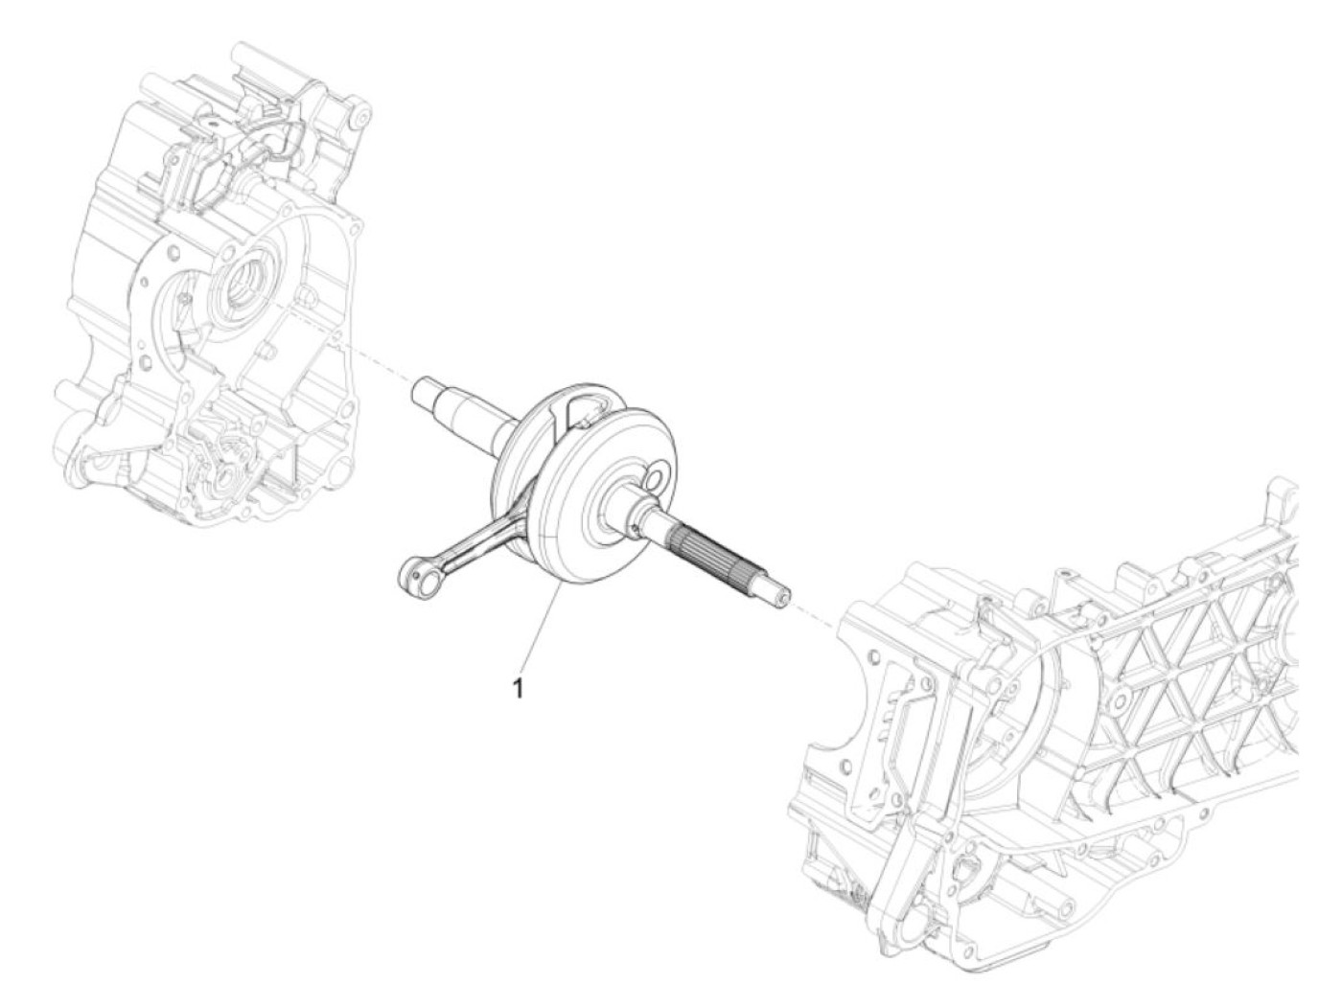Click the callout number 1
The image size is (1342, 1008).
click(519, 687)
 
